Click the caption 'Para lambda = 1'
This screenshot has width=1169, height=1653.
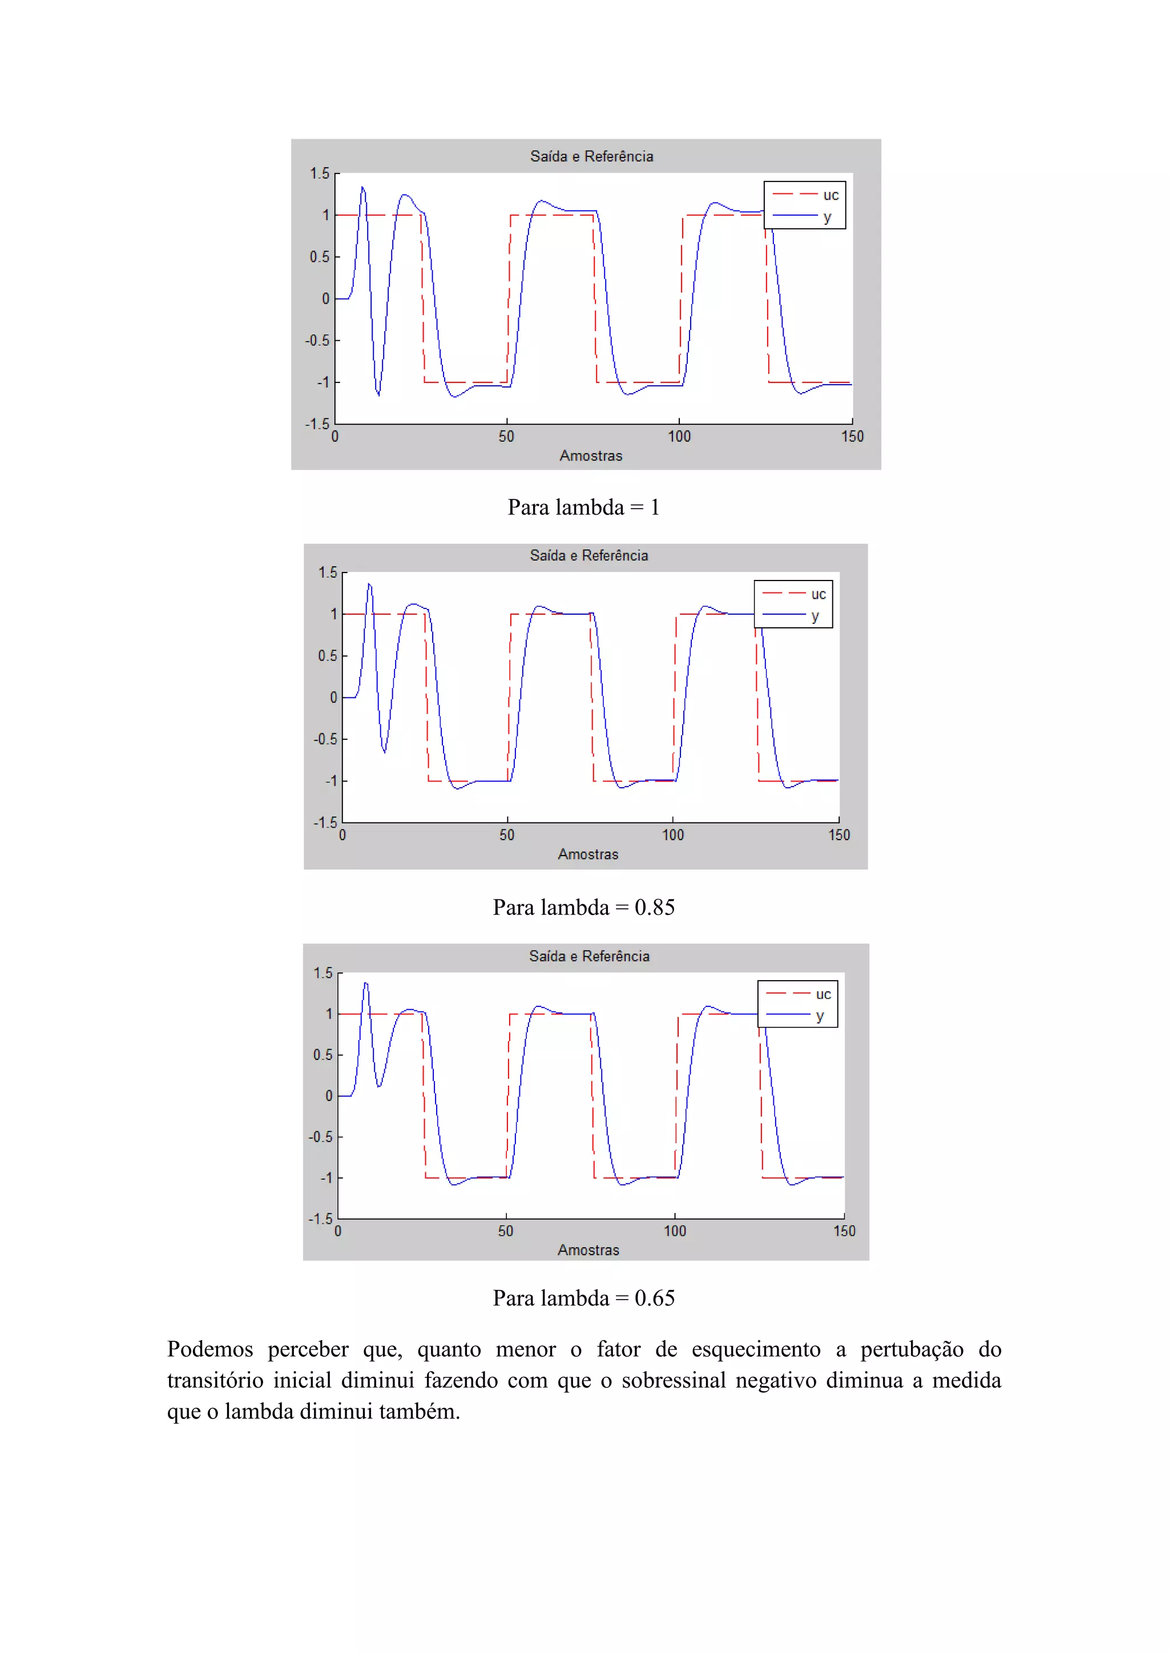583,507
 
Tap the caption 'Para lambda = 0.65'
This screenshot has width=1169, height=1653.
583,1298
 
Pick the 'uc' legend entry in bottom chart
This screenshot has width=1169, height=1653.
823,994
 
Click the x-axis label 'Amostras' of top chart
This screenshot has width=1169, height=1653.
590,455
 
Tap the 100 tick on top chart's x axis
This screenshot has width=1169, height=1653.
679,436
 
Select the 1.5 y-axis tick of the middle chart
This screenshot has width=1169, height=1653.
328,572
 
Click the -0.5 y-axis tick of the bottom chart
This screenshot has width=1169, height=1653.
320,1137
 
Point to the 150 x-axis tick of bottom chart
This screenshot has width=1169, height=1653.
844,1231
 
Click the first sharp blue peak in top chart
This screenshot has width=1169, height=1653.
363,188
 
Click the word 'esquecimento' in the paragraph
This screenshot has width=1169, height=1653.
755,1349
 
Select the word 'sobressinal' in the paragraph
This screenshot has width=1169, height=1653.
673,1380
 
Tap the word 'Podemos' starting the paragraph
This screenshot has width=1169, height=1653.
209,1349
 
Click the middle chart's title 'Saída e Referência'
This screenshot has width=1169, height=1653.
589,555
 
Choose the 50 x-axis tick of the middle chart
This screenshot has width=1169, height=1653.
507,835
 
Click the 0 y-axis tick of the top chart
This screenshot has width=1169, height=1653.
325,298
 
